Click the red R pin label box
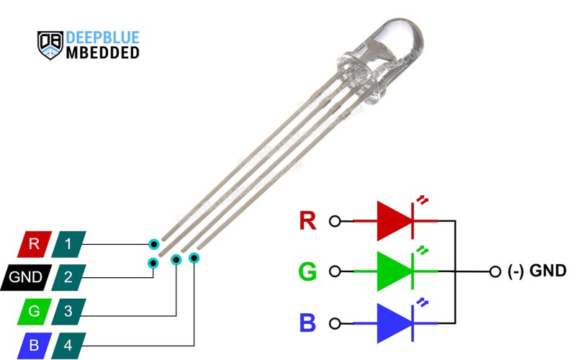[35, 244]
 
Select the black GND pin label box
[26, 277]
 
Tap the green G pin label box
[35, 312]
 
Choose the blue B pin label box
[35, 346]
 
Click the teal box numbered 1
[68, 244]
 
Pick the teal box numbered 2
[68, 277]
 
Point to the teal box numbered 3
[68, 312]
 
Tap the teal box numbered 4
[68, 346]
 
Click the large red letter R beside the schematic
[307, 220]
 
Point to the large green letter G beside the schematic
[307, 271]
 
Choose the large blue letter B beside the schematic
[307, 323]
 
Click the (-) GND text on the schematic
[536, 271]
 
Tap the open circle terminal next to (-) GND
[495, 272]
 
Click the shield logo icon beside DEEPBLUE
[50, 45]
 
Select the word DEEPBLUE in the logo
[102, 37]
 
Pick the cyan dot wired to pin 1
[154, 244]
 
